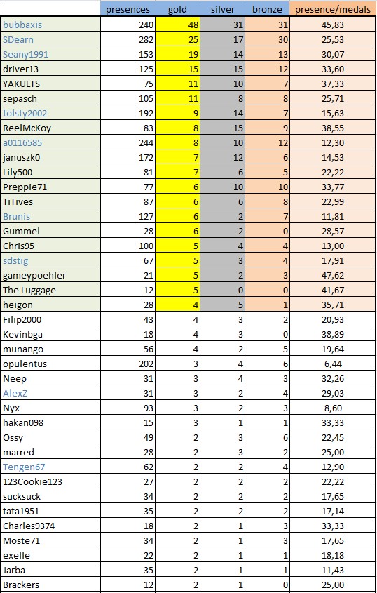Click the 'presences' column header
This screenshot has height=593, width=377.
128,9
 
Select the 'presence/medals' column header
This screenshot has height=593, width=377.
333,9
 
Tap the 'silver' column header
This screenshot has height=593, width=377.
223,9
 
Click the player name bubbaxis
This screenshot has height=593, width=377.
22,25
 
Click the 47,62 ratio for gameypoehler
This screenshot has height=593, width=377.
333,275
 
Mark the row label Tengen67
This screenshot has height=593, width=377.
24,467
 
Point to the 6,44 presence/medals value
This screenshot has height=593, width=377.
333,364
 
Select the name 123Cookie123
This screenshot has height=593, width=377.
32,482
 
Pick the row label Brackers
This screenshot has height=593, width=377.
21,585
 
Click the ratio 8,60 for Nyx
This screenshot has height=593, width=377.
333,408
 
